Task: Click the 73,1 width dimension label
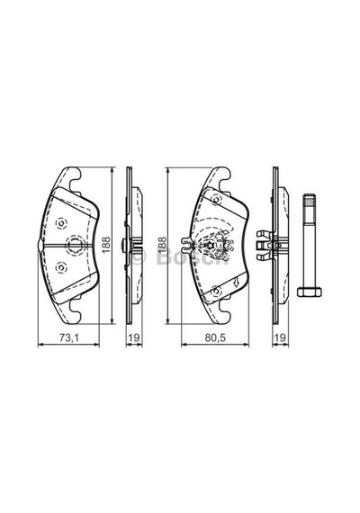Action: click(68, 337)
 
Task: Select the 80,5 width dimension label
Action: click(215, 337)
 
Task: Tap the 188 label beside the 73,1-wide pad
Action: click(106, 245)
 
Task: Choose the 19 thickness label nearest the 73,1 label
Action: click(134, 337)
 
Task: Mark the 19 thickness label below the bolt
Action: click(280, 337)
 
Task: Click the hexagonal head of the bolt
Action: click(310, 292)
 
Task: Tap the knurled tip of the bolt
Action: click(310, 200)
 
